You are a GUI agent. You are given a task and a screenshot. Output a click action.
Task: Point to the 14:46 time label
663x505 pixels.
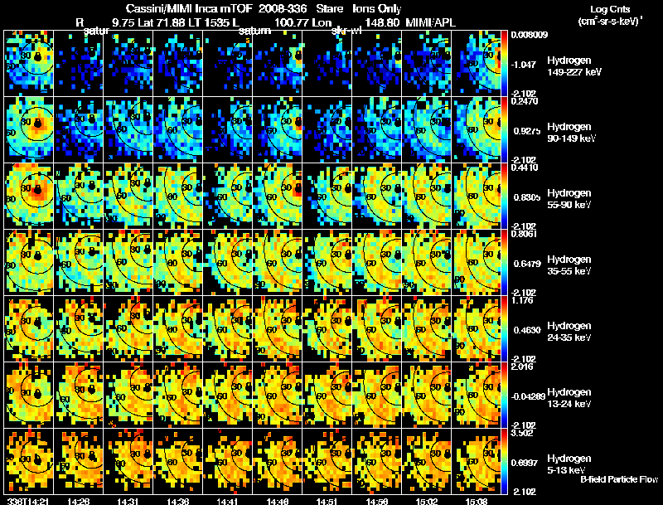coord(279,501)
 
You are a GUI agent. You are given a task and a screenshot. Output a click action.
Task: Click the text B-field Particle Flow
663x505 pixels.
coord(619,479)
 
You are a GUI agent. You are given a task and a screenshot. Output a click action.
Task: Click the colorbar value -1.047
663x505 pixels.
coord(528,64)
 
